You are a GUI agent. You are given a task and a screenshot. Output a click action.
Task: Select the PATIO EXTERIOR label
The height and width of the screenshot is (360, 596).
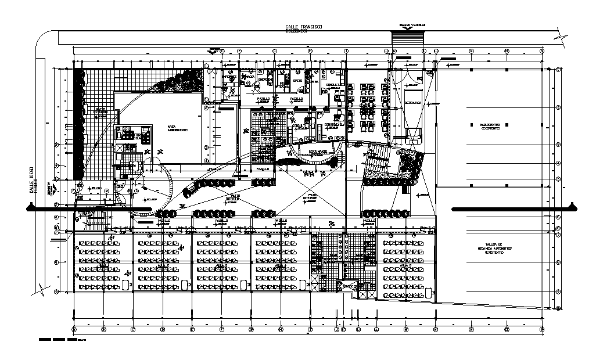tap(102, 110)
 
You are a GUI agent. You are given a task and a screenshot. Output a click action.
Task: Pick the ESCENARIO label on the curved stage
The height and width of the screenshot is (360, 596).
tap(317, 152)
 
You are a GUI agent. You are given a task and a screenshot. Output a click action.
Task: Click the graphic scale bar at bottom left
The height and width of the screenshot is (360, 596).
tap(57, 337)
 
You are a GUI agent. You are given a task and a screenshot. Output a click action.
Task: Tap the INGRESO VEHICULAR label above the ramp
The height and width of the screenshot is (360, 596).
tap(412, 25)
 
